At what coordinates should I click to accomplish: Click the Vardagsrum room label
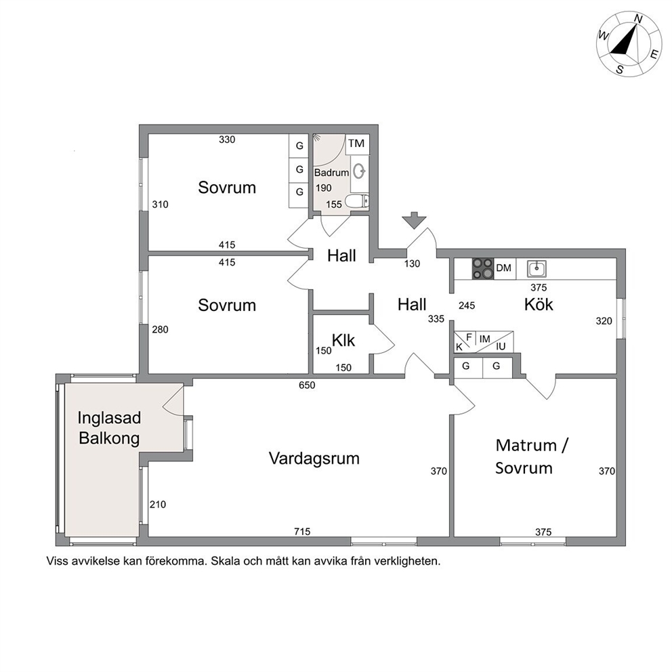[314, 459]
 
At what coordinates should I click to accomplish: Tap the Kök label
[539, 304]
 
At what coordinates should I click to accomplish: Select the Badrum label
[331, 173]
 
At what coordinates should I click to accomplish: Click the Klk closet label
[343, 340]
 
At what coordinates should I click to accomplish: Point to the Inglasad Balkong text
[109, 427]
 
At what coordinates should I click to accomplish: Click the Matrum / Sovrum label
[531, 457]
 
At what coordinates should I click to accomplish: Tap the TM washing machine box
[357, 144]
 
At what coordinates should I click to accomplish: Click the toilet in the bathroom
[358, 201]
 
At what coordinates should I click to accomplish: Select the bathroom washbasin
[360, 171]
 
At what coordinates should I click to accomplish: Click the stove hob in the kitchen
[482, 269]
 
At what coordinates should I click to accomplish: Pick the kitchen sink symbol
[537, 269]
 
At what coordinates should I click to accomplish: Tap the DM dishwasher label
[503, 268]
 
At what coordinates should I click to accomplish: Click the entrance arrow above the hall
[415, 220]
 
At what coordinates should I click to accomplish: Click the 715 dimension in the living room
[302, 531]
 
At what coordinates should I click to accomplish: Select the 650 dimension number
[307, 385]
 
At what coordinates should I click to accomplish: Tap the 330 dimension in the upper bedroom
[227, 140]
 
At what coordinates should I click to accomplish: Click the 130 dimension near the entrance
[412, 264]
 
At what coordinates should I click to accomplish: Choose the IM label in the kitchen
[485, 339]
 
